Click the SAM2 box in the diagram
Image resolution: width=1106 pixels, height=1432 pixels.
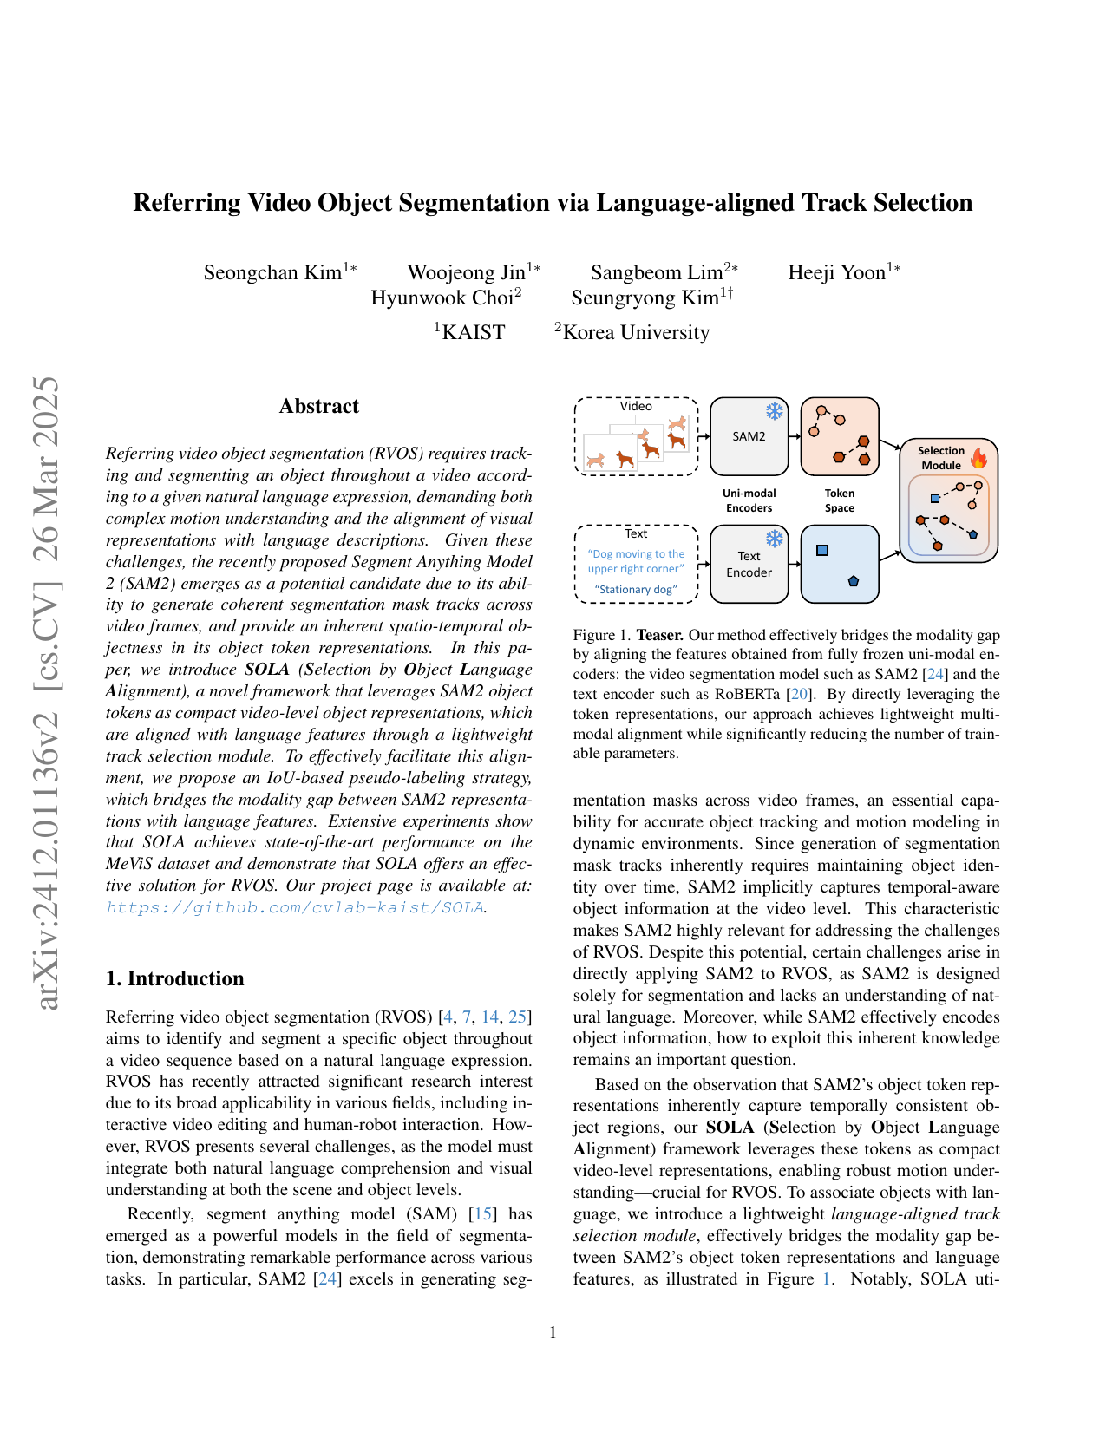click(749, 436)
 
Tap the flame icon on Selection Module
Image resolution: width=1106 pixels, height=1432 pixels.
click(979, 457)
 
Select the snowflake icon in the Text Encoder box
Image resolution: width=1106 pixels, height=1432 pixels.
click(774, 539)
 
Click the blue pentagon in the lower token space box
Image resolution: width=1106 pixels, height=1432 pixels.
click(854, 581)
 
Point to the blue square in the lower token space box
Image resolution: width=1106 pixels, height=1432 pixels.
click(822, 551)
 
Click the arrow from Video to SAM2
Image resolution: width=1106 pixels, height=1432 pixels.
click(704, 436)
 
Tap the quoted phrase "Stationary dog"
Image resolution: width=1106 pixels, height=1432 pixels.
click(636, 590)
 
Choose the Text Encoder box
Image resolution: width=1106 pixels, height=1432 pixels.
click(749, 564)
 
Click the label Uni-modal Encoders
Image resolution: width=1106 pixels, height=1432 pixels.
click(749, 500)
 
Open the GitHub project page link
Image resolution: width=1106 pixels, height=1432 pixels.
click(295, 907)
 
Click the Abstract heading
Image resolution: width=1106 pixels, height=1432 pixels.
click(318, 406)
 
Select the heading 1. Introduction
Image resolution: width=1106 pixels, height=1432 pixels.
click(174, 978)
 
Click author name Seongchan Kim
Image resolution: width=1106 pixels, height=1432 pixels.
click(273, 272)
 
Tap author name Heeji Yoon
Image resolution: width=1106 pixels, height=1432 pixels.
click(837, 272)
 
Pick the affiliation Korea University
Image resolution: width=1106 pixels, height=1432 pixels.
click(636, 332)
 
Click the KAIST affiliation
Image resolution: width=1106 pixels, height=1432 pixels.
click(473, 332)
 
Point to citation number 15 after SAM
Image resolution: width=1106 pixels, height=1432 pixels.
click(483, 1214)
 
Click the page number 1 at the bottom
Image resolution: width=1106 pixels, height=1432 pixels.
click(553, 1332)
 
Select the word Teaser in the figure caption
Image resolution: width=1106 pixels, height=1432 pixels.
click(659, 635)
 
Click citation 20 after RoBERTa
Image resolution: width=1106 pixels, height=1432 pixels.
click(799, 694)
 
